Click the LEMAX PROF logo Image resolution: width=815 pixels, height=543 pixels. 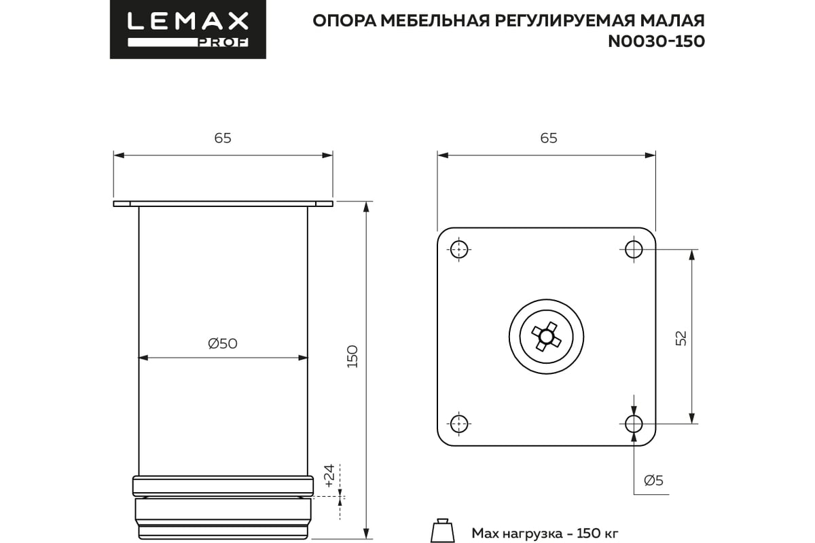click(x=188, y=29)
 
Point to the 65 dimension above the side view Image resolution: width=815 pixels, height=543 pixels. click(x=223, y=138)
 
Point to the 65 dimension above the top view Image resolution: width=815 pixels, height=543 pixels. click(x=548, y=138)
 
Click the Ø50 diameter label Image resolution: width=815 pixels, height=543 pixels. click(x=223, y=344)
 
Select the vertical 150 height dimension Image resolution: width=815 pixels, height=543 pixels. click(x=352, y=356)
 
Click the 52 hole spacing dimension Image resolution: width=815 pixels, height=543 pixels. click(x=681, y=337)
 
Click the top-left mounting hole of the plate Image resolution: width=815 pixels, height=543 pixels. click(x=460, y=249)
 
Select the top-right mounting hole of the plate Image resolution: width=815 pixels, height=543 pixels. click(x=634, y=249)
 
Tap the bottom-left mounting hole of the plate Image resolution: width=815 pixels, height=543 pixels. click(x=460, y=424)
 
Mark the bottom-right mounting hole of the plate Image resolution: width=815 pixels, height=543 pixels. click(x=634, y=424)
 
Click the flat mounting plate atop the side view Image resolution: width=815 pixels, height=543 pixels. click(x=223, y=204)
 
